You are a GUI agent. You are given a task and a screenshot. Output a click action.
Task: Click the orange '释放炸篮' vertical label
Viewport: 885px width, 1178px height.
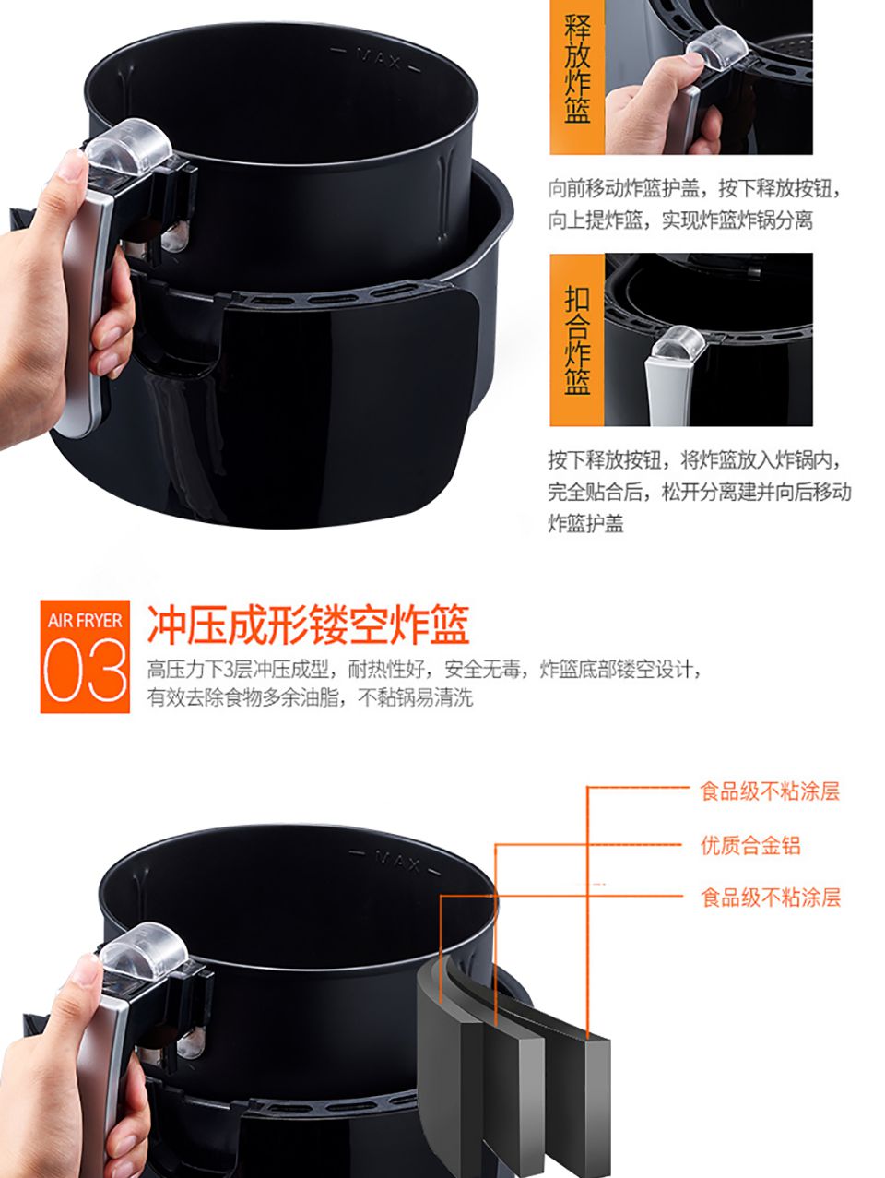coord(577,70)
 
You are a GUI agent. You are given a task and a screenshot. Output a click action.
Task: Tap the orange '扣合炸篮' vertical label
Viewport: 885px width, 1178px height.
coord(577,340)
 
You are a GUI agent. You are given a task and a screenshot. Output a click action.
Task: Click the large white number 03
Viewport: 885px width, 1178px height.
coord(85,672)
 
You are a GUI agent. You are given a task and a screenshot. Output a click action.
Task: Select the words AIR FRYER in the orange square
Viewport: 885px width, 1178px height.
coord(85,621)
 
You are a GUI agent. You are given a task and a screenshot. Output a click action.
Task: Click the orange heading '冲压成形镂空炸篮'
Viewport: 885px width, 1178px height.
coord(309,625)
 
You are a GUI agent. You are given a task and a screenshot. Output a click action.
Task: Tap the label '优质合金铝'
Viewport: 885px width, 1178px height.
coord(750,846)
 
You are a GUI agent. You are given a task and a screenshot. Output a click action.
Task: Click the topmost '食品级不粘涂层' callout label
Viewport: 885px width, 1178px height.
coord(770,791)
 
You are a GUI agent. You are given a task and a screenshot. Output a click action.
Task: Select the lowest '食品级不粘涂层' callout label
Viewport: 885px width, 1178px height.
coord(770,898)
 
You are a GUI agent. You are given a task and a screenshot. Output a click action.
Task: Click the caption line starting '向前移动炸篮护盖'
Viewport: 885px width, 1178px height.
coord(695,188)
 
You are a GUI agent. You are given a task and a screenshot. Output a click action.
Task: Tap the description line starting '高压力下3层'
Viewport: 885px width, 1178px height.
coord(425,670)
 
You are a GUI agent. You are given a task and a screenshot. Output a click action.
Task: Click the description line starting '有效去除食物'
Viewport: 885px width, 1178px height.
coord(310,697)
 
